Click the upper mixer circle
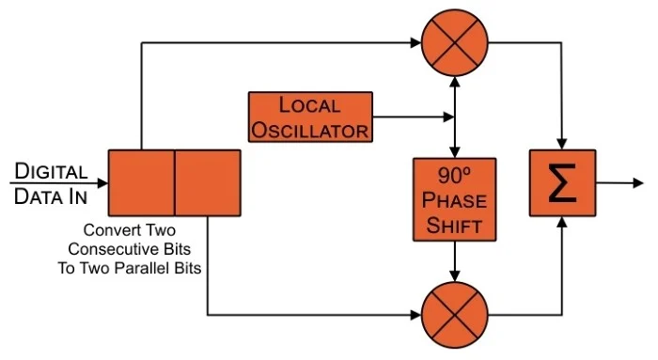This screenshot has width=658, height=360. click(454, 42)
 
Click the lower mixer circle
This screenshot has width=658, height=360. click(454, 315)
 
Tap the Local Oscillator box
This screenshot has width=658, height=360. click(310, 117)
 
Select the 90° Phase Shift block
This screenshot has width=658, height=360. click(454, 199)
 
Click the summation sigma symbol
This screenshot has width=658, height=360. click(562, 183)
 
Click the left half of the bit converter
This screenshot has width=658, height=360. click(141, 183)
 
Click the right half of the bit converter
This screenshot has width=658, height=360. click(208, 183)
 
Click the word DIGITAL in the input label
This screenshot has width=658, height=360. click(51, 171)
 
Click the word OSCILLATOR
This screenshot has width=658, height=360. click(309, 131)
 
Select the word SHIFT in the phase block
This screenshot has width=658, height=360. click(454, 226)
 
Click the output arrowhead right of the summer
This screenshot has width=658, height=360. click(638, 183)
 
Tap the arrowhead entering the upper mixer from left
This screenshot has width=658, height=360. click(415, 42)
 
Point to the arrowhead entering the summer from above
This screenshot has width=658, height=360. click(562, 144)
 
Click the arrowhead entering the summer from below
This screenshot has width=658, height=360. click(562, 223)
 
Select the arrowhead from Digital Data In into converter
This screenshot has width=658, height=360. click(102, 183)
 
